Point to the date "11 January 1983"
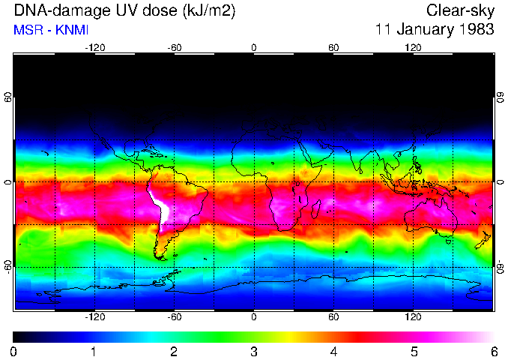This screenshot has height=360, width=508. pyautogui.click(x=435, y=30)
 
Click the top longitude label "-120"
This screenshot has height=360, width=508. pyautogui.click(x=94, y=47)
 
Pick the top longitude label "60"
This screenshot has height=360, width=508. pyautogui.click(x=333, y=47)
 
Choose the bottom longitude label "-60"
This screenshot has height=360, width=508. pyautogui.click(x=174, y=316)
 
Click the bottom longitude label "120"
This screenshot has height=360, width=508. pyautogui.click(x=413, y=316)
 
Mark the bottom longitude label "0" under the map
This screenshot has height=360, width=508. pyautogui.click(x=254, y=316)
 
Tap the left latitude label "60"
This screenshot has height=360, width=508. pyautogui.click(x=7, y=98)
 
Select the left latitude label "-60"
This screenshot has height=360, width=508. pyautogui.click(x=7, y=266)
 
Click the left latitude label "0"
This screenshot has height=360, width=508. pyautogui.click(x=7, y=182)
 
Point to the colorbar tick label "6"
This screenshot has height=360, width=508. pyautogui.click(x=493, y=351)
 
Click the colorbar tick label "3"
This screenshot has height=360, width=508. pyautogui.click(x=253, y=351)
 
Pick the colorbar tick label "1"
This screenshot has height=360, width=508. pyautogui.click(x=94, y=351)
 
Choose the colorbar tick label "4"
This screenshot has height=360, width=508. pyautogui.click(x=333, y=351)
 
